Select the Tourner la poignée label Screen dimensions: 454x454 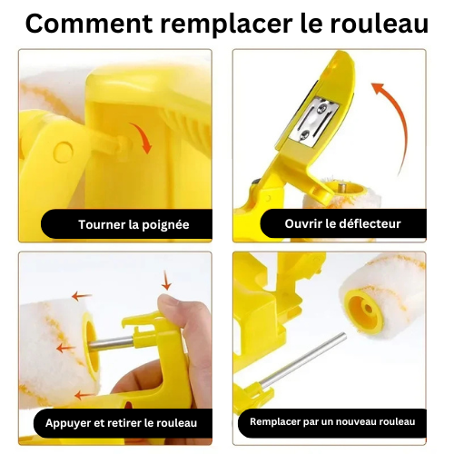(x=133, y=224)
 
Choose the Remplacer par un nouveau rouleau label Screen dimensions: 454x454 (x=331, y=421)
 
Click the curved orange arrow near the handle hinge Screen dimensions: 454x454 (x=139, y=136)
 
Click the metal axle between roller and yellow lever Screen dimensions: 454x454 (x=111, y=343)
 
